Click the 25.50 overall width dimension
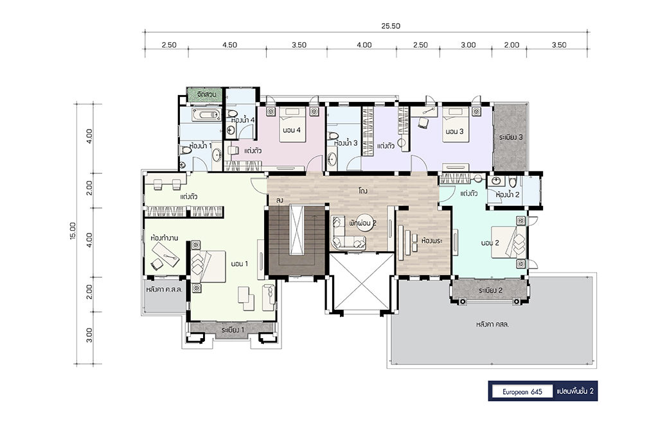point(390,26)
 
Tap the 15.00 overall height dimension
point(73,231)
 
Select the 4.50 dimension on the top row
point(229,46)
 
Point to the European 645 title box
point(522,391)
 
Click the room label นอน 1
point(239,264)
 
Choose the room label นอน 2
point(490,243)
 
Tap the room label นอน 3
point(454,132)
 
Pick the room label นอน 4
point(292,130)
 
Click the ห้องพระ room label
point(432,241)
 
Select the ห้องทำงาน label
point(164,238)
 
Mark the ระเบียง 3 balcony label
point(511,137)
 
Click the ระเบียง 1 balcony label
point(233,330)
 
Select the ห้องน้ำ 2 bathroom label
point(508,195)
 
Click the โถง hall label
point(363,191)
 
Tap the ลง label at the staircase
point(280,201)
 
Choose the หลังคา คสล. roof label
point(492,324)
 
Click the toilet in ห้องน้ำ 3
point(333,136)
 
